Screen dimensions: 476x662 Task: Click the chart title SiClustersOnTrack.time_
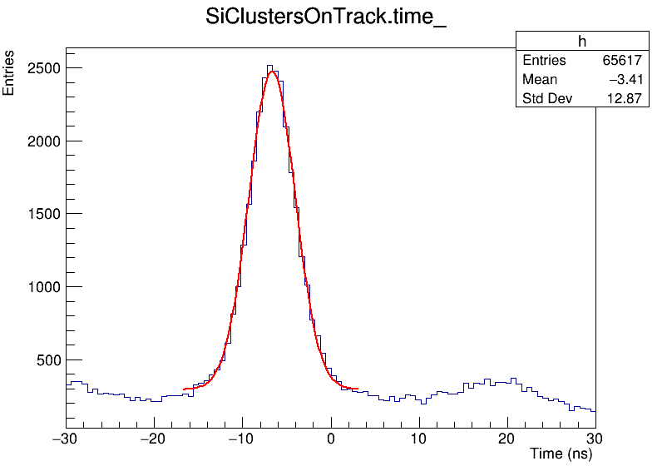(325, 19)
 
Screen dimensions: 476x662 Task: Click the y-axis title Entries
(9, 73)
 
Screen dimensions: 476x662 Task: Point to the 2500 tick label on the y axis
(42, 68)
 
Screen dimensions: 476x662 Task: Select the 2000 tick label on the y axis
(42, 141)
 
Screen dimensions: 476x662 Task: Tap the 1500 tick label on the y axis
(42, 214)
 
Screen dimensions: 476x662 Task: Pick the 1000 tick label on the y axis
(42, 287)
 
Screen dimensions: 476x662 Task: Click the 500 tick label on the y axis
(46, 360)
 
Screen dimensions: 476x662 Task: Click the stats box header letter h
(582, 42)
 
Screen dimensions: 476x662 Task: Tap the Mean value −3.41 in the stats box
(625, 80)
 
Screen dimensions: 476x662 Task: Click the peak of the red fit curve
(272, 72)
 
